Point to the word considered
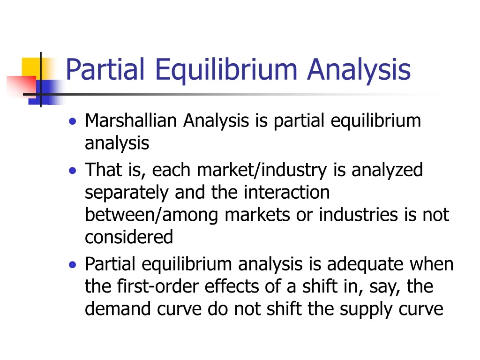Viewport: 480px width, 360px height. pyautogui.click(x=129, y=237)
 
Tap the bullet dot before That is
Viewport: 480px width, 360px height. pyautogui.click(x=72, y=171)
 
